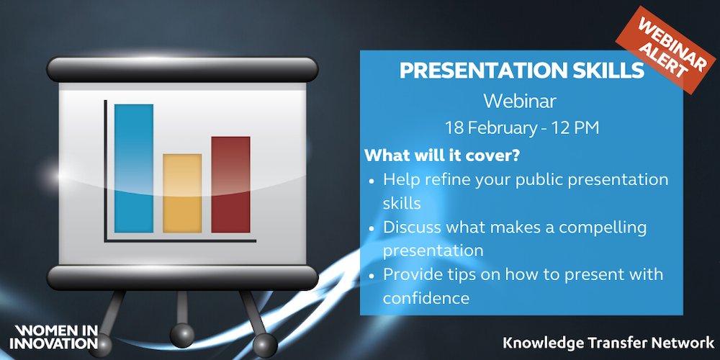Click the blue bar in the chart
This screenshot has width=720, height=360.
click(x=134, y=168)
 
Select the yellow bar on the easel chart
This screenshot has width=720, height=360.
click(x=182, y=193)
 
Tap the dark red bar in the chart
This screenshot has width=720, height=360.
click(x=230, y=184)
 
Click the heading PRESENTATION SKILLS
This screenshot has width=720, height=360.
click(x=522, y=70)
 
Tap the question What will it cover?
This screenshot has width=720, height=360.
click(x=442, y=156)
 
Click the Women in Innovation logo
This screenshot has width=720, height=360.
click(x=53, y=336)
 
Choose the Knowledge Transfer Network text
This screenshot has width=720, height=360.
click(x=608, y=343)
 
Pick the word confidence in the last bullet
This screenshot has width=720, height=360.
click(x=426, y=299)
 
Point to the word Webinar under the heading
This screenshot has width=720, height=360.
click(x=520, y=102)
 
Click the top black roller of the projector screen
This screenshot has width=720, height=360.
click(x=182, y=69)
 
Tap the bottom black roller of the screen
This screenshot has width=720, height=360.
click(x=182, y=277)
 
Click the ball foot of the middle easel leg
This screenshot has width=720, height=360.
click(x=182, y=336)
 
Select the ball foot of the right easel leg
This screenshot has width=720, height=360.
click(x=266, y=345)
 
